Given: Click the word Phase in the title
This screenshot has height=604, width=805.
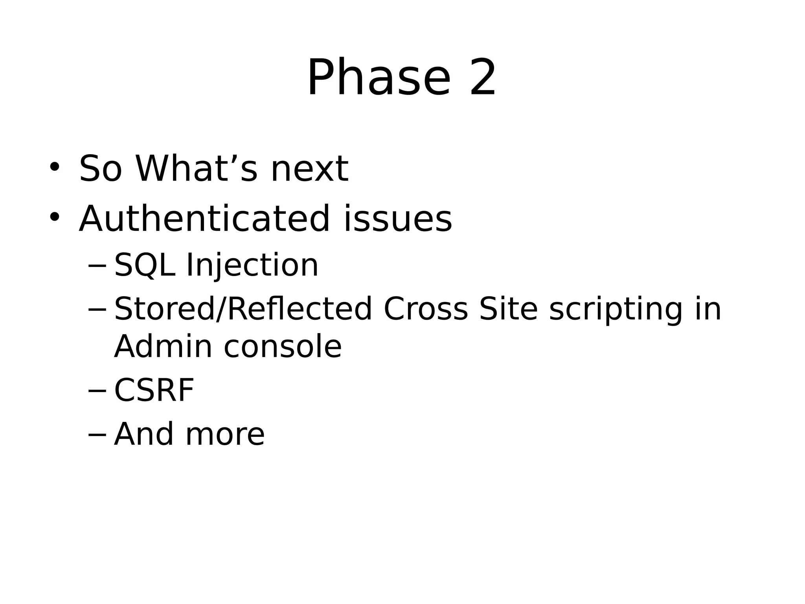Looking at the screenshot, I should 378,77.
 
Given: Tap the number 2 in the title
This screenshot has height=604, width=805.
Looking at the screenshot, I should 483,77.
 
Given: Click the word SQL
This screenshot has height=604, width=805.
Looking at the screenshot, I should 144,265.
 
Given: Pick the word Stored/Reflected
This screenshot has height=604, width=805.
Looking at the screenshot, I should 243,309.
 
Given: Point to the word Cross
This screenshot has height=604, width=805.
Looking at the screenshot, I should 425,309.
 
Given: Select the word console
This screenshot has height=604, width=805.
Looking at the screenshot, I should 283,347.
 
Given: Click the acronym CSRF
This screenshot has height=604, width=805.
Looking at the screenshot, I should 154,390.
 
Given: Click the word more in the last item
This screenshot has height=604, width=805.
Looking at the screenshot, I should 225,435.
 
